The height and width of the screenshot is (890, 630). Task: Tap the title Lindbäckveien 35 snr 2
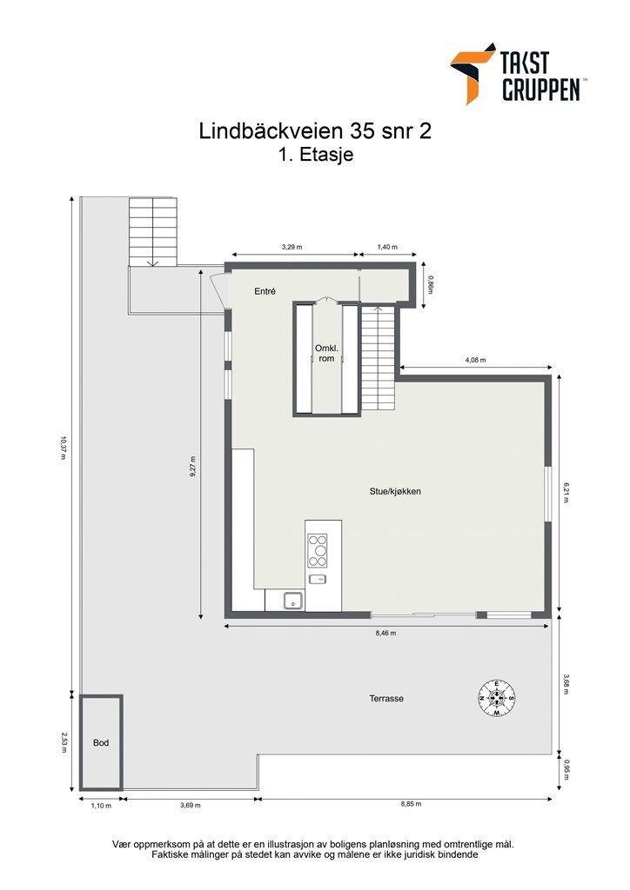pos(315,131)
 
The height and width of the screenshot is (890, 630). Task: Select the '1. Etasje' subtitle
pos(314,156)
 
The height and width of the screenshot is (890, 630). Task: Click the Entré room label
pos(265,292)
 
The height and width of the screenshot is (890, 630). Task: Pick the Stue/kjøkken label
pos(395,492)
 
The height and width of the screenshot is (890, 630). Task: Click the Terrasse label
pos(386,698)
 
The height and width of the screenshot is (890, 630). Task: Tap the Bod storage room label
pos(101,743)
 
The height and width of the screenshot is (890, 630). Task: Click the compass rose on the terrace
pos(496,697)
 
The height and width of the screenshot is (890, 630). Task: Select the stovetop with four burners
pos(318,550)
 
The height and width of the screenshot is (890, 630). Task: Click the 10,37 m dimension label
pos(63,445)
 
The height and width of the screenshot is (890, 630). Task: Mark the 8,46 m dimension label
pos(385,634)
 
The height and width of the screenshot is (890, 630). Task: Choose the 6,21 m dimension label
pos(566,493)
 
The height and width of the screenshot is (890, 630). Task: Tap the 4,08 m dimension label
pos(475,360)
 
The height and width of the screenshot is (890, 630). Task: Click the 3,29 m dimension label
pos(292,247)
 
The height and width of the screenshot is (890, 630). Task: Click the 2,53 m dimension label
pos(63,742)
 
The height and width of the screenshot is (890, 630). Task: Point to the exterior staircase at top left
pos(153,231)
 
